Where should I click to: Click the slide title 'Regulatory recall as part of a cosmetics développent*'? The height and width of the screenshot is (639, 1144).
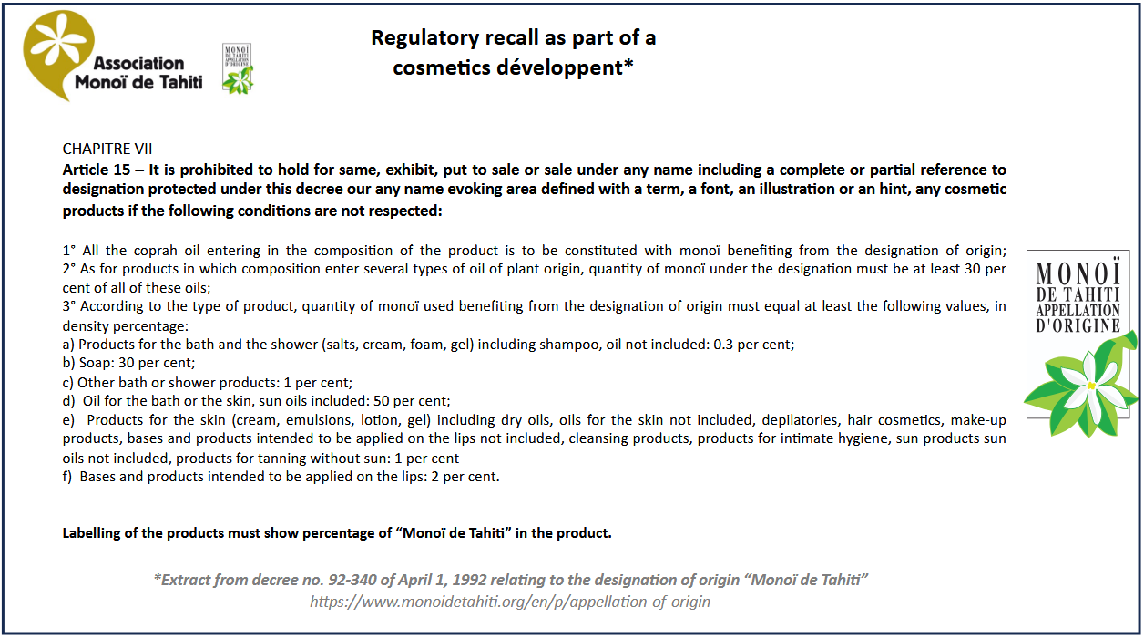point(513,53)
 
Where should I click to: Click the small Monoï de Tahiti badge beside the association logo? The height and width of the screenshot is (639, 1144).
point(238,68)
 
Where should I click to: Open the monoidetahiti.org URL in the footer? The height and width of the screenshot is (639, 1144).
point(509,602)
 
